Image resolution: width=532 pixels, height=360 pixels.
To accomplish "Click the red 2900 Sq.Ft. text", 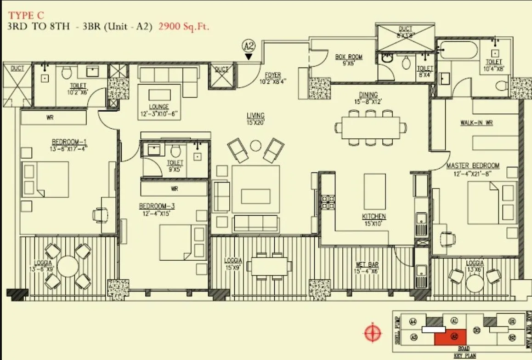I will tap(184, 26).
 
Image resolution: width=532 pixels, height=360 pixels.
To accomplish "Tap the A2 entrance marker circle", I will tap(249, 46).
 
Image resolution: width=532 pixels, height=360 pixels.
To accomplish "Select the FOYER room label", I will tap(273, 75).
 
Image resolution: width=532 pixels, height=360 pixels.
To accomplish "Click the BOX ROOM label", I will tap(349, 57).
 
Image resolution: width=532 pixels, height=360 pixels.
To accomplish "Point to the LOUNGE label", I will tap(159, 107).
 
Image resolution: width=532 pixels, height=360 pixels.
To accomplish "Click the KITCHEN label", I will tap(374, 216).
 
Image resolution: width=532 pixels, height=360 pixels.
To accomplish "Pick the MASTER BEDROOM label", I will tap(473, 165).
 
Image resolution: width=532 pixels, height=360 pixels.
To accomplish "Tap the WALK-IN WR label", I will tap(477, 123).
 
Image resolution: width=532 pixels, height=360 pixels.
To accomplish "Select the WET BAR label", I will tap(367, 264).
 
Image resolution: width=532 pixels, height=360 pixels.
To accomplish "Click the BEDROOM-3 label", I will tap(157, 206).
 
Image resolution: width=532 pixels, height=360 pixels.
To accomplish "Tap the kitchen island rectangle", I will tap(374, 191).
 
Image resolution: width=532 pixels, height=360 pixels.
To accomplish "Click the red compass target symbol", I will tap(372, 331).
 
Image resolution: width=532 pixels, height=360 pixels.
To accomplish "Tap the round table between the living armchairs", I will tap(255, 146).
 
